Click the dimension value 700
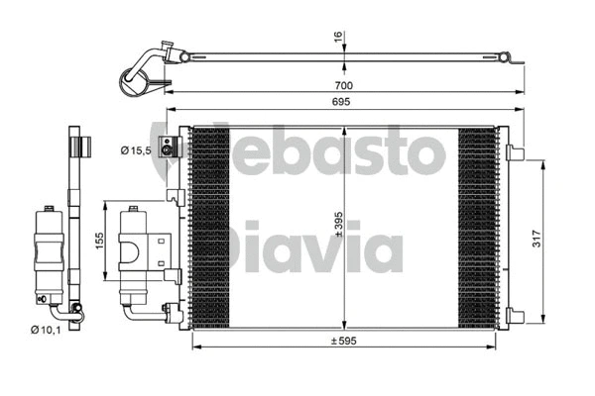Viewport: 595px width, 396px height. [x=344, y=85]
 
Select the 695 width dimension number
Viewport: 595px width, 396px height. [x=344, y=104]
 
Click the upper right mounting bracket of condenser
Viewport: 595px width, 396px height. [x=515, y=152]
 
